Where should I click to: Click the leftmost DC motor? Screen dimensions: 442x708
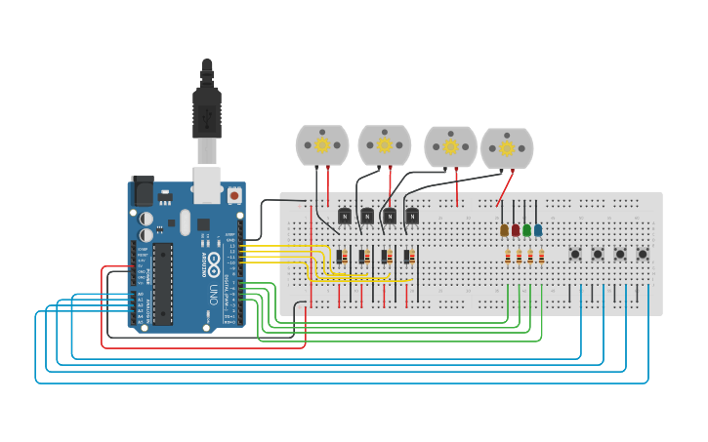322,145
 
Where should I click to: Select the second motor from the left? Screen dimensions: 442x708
385,145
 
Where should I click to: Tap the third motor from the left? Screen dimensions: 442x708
450,146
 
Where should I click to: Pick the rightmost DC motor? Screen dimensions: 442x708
507,148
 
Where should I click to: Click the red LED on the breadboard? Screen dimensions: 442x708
516,230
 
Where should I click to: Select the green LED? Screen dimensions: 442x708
527,230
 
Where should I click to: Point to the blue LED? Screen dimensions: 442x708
538,230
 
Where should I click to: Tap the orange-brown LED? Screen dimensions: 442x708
504,230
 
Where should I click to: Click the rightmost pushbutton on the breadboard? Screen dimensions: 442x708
643,255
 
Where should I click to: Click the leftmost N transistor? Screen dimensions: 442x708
344,216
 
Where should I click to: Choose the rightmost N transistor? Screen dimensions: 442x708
412,216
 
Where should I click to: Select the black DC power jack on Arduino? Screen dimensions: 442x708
142,190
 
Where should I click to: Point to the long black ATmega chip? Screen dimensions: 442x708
163,283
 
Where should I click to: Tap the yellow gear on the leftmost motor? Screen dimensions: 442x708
322,144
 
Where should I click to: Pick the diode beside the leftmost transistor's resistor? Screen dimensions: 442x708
345,257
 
